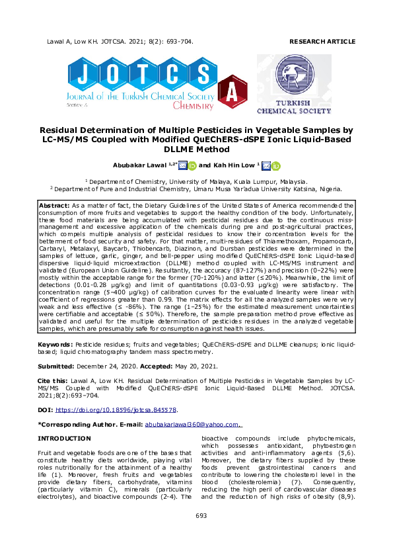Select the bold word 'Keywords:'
click(x=55, y=345)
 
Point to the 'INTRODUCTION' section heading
click(x=64, y=439)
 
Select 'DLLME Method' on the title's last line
click(x=196, y=150)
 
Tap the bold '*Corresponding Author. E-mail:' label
click(x=90, y=424)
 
